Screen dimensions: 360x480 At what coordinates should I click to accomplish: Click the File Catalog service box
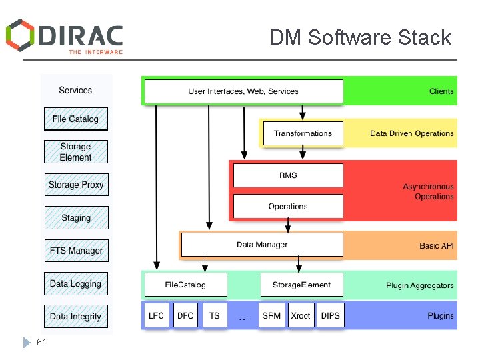75,119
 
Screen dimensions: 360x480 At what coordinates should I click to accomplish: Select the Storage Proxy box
76,185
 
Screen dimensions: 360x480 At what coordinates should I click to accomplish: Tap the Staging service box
76,218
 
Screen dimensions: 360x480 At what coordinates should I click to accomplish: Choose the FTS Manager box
76,251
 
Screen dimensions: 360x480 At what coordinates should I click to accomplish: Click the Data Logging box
76,283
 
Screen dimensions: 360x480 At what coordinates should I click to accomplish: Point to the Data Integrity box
76,317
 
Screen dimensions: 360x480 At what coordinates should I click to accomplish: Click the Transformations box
303,133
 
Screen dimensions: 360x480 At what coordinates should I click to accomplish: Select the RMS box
288,175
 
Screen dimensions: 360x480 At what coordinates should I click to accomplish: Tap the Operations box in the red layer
288,207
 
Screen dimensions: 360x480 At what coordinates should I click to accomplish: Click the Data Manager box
262,245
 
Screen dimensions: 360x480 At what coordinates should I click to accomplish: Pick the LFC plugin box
157,315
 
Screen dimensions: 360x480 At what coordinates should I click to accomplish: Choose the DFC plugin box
185,315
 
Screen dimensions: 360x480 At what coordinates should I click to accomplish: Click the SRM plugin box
271,315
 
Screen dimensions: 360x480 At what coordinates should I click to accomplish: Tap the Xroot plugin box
300,315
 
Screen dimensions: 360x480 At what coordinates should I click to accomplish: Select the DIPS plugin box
330,315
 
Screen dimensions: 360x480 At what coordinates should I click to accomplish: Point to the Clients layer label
441,91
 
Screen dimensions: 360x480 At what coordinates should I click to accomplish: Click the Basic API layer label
437,246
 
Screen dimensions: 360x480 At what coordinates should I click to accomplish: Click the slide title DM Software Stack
360,37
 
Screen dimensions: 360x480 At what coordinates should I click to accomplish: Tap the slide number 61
42,342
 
